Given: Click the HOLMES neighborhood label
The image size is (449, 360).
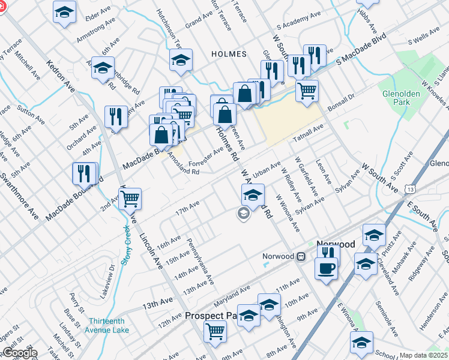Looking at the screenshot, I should coord(229,54).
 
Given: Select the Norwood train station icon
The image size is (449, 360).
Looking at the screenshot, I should coord(301,256).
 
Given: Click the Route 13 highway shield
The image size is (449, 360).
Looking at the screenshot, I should coord(409,189).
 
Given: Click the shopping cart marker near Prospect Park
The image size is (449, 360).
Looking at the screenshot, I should coord(215,330).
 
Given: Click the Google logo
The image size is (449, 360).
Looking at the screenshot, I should coord(20,353).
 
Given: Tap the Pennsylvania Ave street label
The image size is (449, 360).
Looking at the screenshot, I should coord(200,263).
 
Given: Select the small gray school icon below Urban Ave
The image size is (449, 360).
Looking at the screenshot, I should coord(243,214).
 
